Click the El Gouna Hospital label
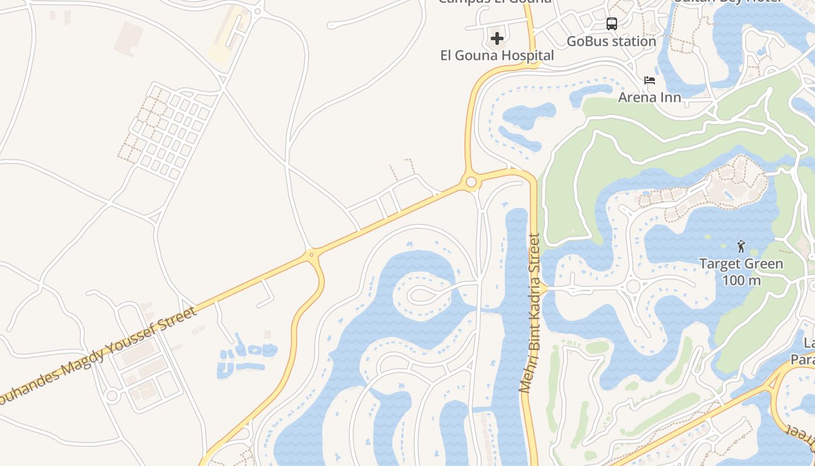click(x=497, y=55)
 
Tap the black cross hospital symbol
click(x=497, y=38)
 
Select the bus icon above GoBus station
click(x=611, y=24)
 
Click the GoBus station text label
click(x=611, y=41)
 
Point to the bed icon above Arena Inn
click(x=650, y=80)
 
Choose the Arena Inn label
click(x=649, y=97)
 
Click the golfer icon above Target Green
click(x=741, y=246)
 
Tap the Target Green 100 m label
click(x=741, y=271)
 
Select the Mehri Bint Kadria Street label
click(x=530, y=313)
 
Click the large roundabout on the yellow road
click(x=471, y=182)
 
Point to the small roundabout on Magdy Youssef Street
click(x=312, y=255)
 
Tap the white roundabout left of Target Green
click(x=633, y=287)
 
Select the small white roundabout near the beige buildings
click(x=112, y=396)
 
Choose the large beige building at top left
click(x=129, y=38)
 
